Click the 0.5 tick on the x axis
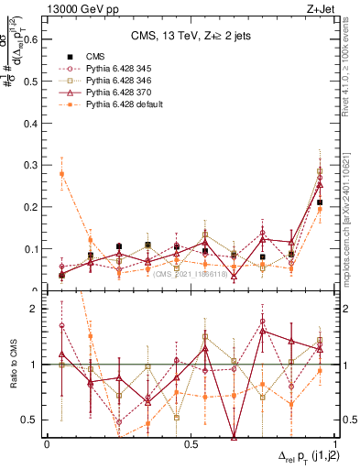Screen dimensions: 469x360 point(191,443)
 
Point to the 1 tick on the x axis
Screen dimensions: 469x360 point(333,443)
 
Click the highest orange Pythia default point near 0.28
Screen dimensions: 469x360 point(61,173)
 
